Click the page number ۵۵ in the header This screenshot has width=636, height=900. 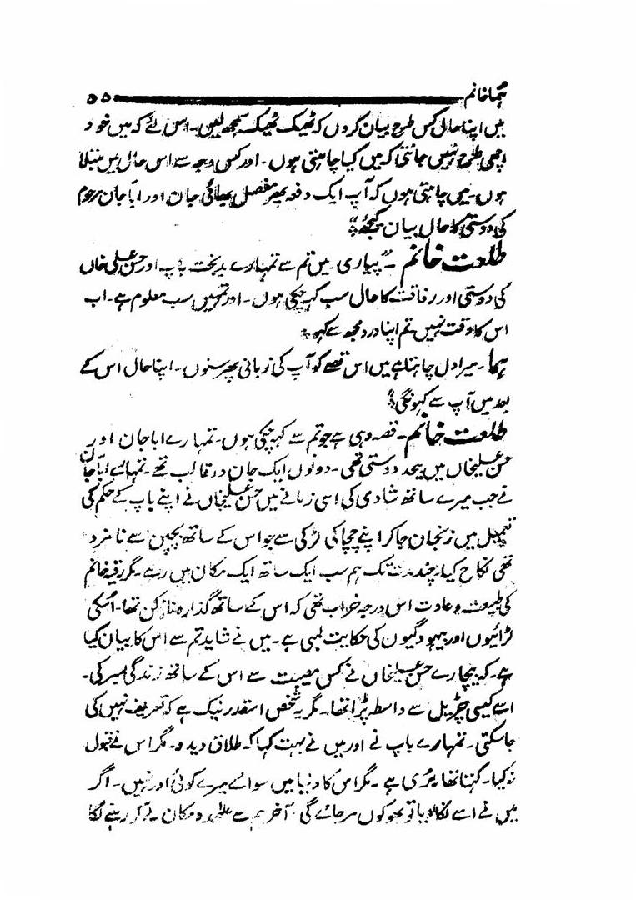101,98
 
